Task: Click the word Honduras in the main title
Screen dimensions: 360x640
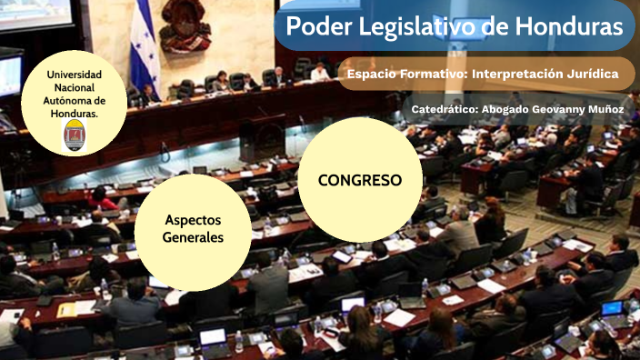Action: pos(571,26)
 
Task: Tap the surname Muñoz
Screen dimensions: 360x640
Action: pos(604,109)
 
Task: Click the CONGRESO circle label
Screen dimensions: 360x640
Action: pos(360,180)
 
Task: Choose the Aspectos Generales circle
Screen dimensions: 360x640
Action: pos(193,229)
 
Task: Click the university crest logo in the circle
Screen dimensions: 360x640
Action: pos(75,135)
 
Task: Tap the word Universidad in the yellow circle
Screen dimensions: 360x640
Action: pos(75,74)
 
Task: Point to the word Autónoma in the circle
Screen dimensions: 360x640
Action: pos(75,100)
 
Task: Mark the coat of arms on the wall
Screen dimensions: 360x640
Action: pos(185,25)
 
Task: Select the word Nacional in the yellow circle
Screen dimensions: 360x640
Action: pos(75,87)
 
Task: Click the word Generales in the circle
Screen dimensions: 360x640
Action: pos(193,237)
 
